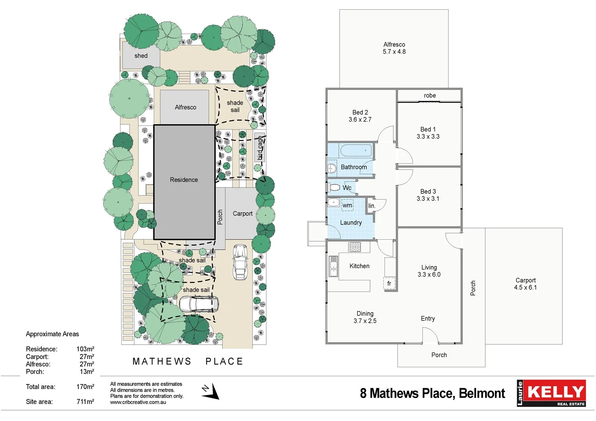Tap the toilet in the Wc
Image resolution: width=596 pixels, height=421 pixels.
tap(334, 188)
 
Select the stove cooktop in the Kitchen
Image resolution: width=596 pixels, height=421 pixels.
tap(354, 247)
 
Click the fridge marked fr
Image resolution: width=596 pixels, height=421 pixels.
tap(390, 283)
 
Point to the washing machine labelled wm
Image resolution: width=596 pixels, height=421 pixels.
tap(347, 205)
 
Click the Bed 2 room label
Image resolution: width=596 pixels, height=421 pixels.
tap(360, 112)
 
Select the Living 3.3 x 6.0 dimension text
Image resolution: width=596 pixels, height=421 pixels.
tap(429, 275)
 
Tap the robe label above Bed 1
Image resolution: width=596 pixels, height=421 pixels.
tap(430, 96)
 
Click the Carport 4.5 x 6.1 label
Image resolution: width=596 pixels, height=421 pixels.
tap(525, 284)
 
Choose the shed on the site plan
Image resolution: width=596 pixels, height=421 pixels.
tap(141, 56)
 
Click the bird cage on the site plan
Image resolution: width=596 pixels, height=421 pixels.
tap(260, 148)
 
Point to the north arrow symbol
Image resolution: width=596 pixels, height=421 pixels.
tap(210, 391)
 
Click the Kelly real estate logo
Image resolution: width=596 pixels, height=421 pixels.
tap(551, 393)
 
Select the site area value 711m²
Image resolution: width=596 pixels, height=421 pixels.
tap(85, 402)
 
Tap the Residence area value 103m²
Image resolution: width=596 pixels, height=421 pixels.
tap(85, 349)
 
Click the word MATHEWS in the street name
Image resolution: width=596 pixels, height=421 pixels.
tap(162, 362)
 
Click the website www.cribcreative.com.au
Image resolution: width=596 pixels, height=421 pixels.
tap(138, 402)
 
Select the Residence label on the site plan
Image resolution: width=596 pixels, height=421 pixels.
tap(184, 180)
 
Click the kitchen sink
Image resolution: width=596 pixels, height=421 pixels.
tap(333, 266)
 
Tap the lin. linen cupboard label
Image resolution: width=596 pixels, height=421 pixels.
tap(372, 206)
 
